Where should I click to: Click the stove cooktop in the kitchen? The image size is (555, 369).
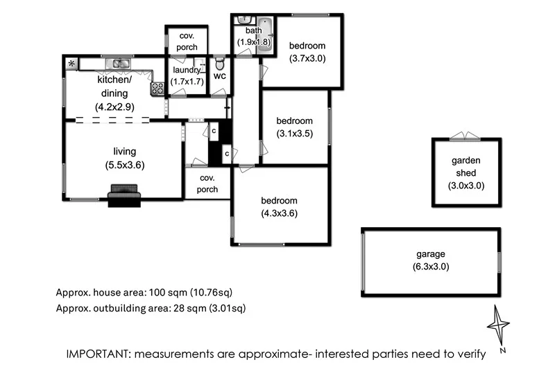tap(157, 89)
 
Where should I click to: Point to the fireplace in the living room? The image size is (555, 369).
tap(124, 195)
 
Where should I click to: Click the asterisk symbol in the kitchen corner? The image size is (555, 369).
tap(71, 64)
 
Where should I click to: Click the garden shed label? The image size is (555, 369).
tap(466, 166)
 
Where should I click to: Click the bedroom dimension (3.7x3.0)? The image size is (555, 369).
tap(307, 59)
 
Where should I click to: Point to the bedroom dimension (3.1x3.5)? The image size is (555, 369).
tap(295, 133)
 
